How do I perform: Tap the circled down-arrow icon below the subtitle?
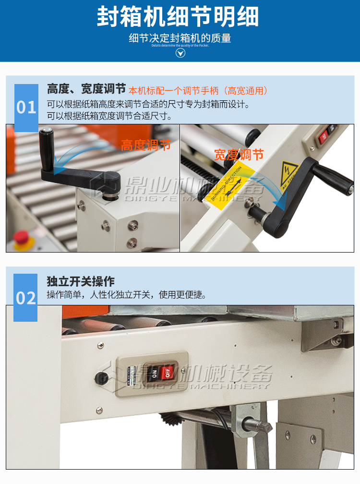pyautogui.click(x=180, y=52)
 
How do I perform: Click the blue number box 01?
pyautogui.click(x=26, y=107)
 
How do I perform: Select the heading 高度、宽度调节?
pyautogui.click(x=86, y=89)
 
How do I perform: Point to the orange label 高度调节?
pyautogui.click(x=145, y=145)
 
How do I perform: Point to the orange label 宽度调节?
pyautogui.click(x=239, y=155)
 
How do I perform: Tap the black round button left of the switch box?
pyautogui.click(x=101, y=378)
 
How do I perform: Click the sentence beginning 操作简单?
pyautogui.click(x=126, y=295)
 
